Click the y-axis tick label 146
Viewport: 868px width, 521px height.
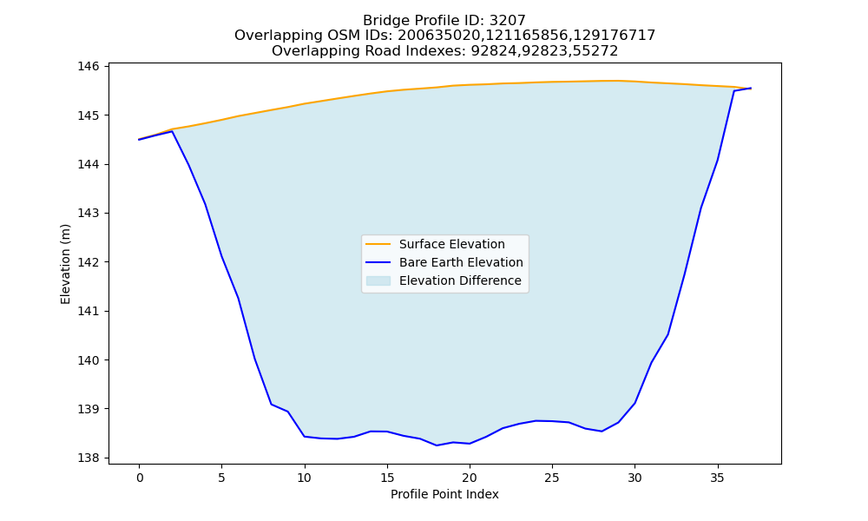(88, 67)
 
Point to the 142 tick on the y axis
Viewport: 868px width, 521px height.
(88, 262)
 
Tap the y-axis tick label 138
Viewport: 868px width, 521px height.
(88, 458)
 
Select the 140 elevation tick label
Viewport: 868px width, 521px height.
(88, 359)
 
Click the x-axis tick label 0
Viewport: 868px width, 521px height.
(139, 478)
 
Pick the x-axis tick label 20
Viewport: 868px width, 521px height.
(470, 478)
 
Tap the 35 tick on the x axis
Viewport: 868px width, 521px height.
(717, 478)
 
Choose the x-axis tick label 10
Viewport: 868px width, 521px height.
(304, 478)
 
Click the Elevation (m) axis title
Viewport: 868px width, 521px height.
(65, 264)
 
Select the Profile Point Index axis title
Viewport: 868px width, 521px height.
(444, 494)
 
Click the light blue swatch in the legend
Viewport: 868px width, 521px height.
(378, 280)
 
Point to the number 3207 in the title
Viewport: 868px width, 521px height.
(508, 21)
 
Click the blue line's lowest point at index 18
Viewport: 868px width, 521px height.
(437, 445)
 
